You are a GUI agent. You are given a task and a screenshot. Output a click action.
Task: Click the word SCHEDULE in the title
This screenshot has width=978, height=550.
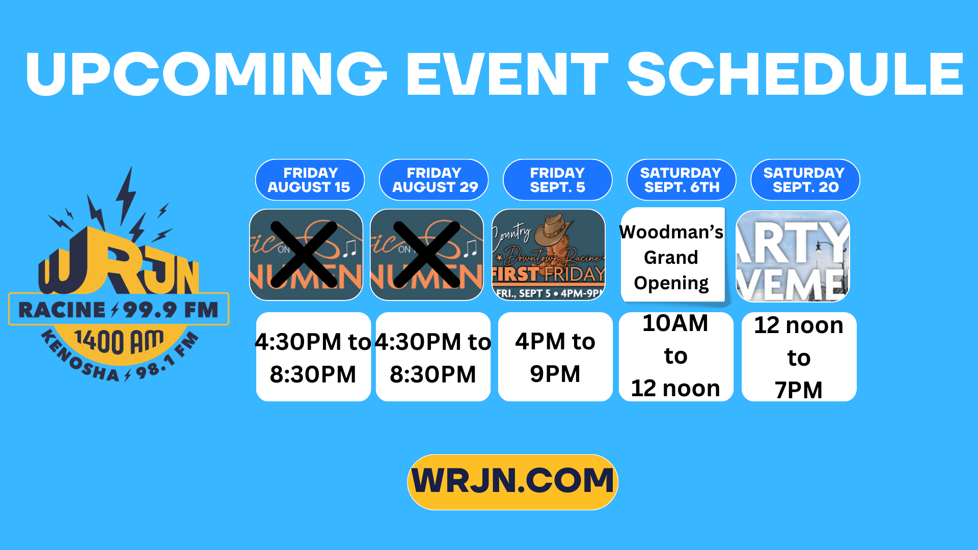(x=795, y=74)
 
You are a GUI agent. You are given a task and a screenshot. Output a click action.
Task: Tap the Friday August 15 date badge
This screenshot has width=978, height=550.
(x=310, y=180)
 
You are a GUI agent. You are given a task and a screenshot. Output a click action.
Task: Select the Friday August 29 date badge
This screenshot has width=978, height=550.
(x=433, y=180)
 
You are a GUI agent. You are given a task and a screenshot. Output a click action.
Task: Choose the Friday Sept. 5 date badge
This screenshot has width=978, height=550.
(x=557, y=180)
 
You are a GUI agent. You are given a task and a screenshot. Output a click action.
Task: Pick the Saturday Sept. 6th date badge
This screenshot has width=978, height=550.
(x=681, y=180)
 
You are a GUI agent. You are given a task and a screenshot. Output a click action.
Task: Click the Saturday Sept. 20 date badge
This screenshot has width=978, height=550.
(x=805, y=180)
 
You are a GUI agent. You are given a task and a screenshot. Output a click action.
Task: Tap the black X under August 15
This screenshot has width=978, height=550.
(x=304, y=255)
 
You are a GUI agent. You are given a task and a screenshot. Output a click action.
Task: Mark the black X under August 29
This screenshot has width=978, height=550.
(x=427, y=255)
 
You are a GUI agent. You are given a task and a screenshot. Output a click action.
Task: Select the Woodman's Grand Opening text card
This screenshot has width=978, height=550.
(x=672, y=257)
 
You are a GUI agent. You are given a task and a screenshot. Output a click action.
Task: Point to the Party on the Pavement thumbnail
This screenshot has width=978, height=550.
(x=793, y=256)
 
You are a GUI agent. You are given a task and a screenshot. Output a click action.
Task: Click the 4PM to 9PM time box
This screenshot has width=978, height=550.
(x=555, y=357)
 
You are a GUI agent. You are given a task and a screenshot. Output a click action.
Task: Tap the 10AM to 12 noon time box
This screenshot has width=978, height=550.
(x=675, y=356)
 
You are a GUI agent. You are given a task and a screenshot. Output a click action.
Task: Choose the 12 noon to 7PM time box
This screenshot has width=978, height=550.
(x=799, y=357)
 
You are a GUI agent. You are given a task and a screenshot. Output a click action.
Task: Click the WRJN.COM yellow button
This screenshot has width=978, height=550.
(x=512, y=482)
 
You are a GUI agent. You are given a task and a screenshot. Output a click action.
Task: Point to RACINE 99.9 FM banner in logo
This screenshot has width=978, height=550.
(x=118, y=309)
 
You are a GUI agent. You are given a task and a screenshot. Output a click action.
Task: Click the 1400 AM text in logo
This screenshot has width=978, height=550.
(x=119, y=341)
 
